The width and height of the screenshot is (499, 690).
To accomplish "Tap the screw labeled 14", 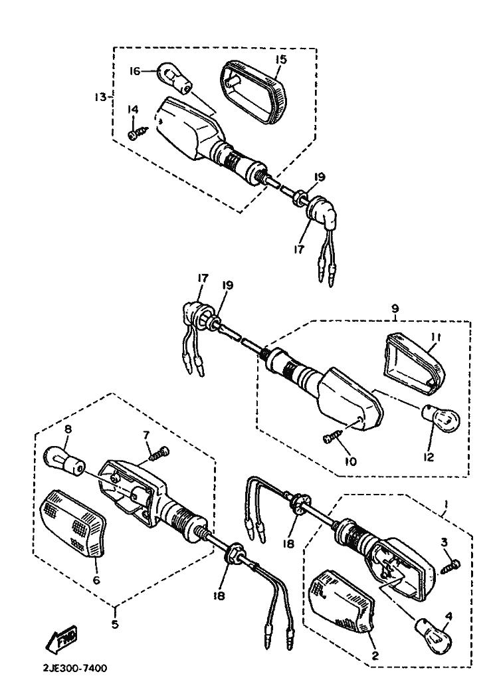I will pyautogui.click(x=135, y=134).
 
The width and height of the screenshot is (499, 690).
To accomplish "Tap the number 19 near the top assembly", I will pyautogui.click(x=319, y=177).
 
